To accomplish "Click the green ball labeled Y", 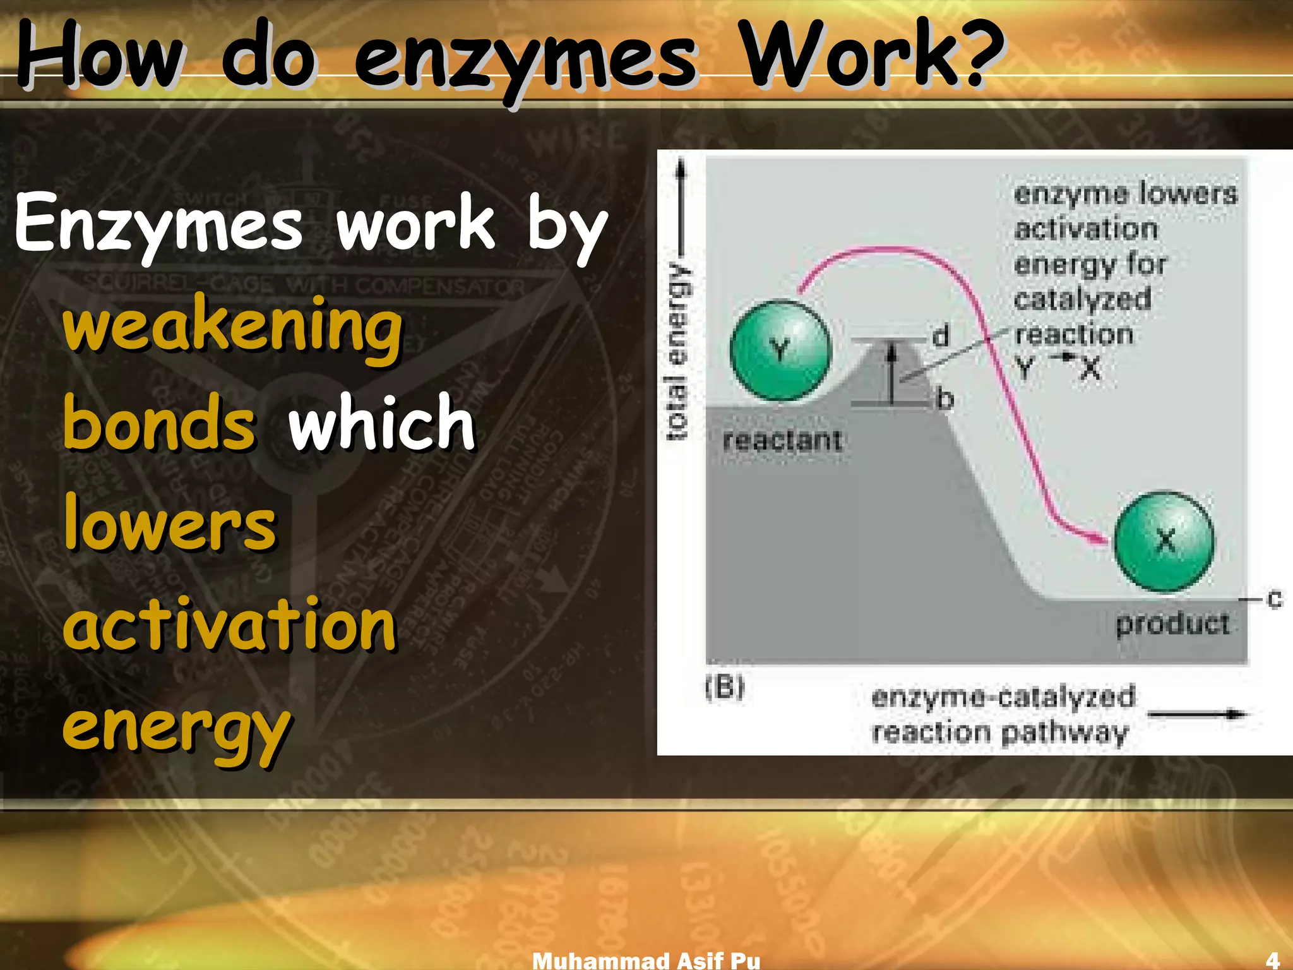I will pyautogui.click(x=780, y=350).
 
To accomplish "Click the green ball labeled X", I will pyautogui.click(x=1164, y=541).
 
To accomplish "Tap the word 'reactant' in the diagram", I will pyautogui.click(x=782, y=440).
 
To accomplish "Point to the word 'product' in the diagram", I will pyautogui.click(x=1172, y=624).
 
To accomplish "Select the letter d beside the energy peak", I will pyautogui.click(x=941, y=335).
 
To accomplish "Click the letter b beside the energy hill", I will pyautogui.click(x=944, y=399).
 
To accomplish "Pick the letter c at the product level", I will pyautogui.click(x=1274, y=599).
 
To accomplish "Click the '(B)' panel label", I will pyautogui.click(x=725, y=687).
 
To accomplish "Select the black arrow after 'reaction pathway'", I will pyautogui.click(x=1197, y=714).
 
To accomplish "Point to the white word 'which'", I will pyautogui.click(x=381, y=422).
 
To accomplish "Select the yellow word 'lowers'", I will pyautogui.click(x=170, y=523).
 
